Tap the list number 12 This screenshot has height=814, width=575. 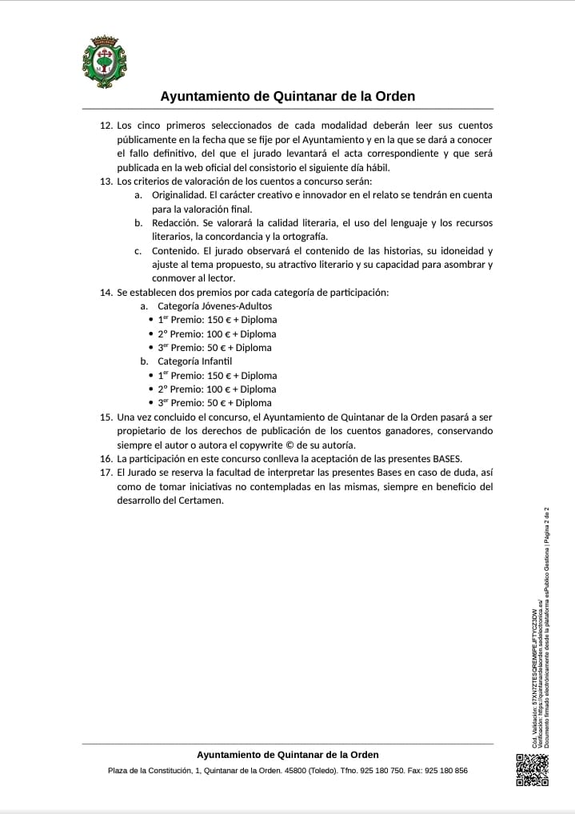coord(106,126)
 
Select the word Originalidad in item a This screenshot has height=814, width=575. coord(180,195)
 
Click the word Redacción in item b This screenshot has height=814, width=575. coord(175,223)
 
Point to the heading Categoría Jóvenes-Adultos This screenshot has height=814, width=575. coord(214,306)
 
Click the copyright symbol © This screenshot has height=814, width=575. coord(291,445)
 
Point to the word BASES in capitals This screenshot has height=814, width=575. coord(447,459)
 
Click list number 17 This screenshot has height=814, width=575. coord(106,473)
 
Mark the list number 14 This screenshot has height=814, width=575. coord(106,293)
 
